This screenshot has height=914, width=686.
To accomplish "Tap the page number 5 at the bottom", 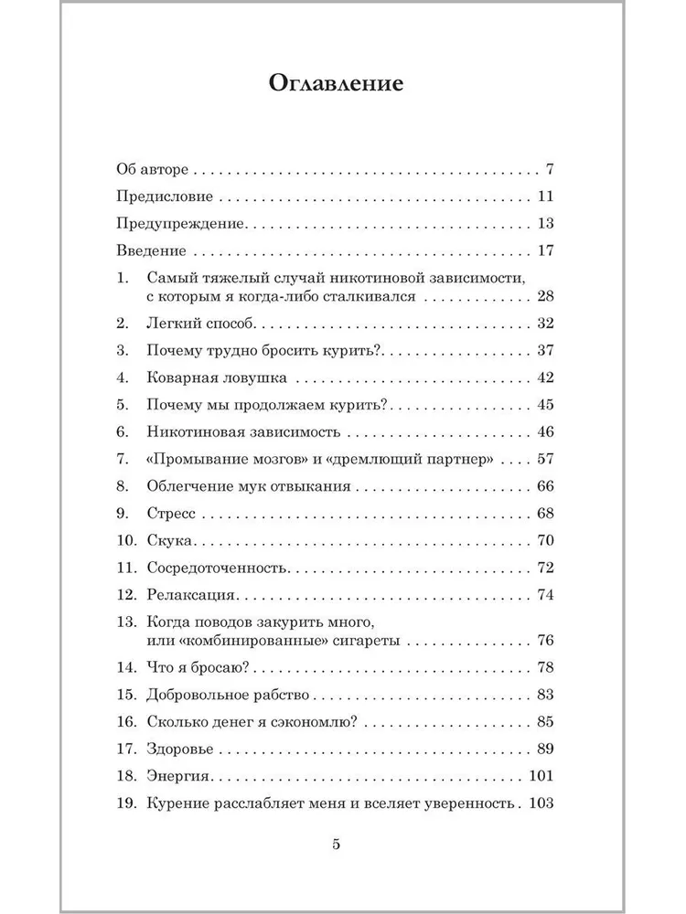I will pyautogui.click(x=337, y=845).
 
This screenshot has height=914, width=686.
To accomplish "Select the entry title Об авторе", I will pyautogui.click(x=153, y=170).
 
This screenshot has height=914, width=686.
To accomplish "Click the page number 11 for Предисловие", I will pyautogui.click(x=547, y=197).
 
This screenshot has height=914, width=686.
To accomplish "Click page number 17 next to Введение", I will pyautogui.click(x=547, y=250).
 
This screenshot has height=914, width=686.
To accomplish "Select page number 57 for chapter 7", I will pyautogui.click(x=546, y=459).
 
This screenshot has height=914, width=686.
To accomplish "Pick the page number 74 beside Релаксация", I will pyautogui.click(x=546, y=595).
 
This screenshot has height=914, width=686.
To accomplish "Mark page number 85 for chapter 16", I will pyautogui.click(x=546, y=722).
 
